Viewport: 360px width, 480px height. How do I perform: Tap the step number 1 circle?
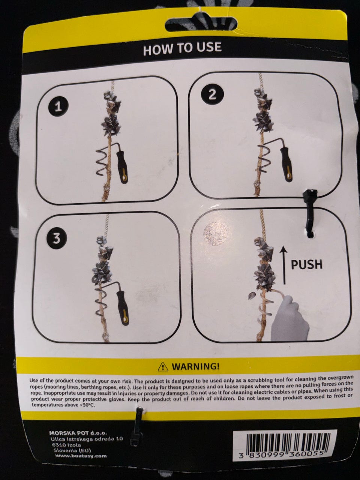tap(58, 107)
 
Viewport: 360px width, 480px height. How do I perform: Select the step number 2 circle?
tap(213, 95)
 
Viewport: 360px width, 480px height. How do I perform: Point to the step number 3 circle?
tap(56, 238)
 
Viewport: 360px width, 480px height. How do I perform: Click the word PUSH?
tap(307, 264)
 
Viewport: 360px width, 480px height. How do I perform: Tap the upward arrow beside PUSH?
tap(284, 265)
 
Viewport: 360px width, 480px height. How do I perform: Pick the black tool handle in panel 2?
tap(286, 165)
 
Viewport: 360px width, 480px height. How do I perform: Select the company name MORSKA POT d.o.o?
tap(78, 427)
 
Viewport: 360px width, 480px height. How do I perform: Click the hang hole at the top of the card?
tap(201, 24)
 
